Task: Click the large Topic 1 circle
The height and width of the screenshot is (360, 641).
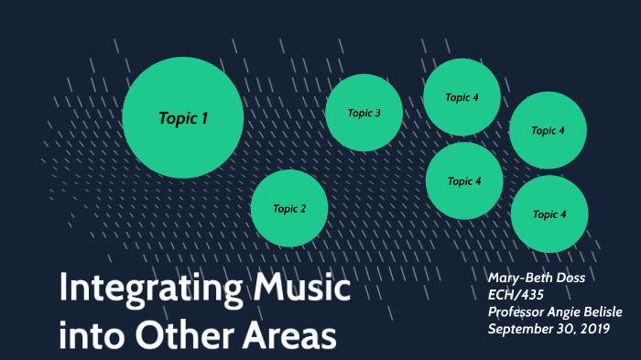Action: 182,117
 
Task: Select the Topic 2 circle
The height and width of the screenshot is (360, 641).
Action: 289,209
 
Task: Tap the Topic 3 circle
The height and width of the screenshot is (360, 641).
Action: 364,113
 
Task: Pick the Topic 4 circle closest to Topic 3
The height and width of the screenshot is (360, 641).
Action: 462,97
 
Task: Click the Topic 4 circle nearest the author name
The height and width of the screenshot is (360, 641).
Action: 549,214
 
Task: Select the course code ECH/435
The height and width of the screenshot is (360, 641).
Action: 516,295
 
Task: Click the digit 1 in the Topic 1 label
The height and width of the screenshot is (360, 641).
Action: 205,118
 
